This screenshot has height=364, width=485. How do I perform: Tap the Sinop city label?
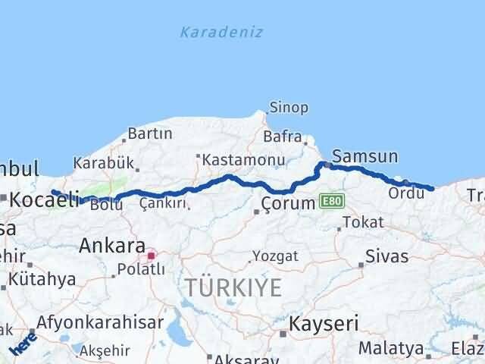pos(289,108)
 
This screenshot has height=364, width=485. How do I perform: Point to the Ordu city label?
pos(401,193)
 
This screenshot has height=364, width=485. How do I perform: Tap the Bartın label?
pos(152,133)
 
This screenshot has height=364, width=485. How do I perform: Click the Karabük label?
pos(104,162)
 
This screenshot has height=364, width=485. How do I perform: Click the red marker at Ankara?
pos(152,256)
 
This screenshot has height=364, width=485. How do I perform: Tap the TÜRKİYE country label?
pos(233,287)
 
